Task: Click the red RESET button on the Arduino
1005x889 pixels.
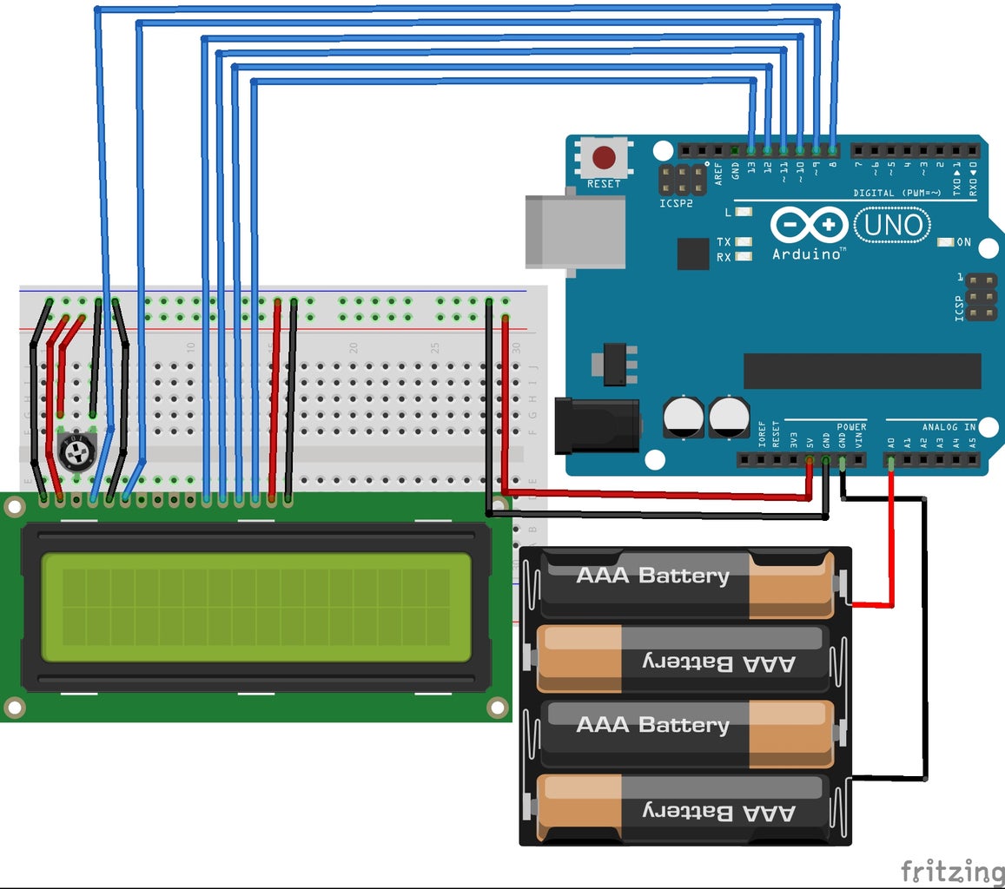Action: tap(603, 158)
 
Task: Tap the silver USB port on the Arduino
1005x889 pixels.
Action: tap(575, 230)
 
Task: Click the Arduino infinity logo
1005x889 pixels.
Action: tap(809, 226)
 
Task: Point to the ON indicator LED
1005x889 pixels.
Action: tap(946, 242)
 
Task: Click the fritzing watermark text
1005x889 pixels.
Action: tap(952, 871)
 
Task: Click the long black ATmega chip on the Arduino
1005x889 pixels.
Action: tap(862, 371)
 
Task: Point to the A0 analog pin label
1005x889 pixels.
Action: tap(890, 442)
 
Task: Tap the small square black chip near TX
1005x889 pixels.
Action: tap(693, 254)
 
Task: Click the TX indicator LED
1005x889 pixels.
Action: tap(743, 242)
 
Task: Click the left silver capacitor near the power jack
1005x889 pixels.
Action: tap(683, 417)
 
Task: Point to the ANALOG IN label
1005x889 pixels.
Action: tap(948, 427)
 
